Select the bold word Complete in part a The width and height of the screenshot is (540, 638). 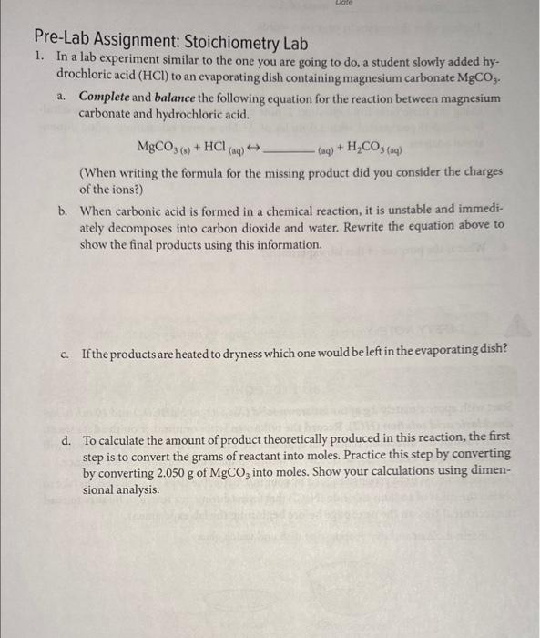[105, 98]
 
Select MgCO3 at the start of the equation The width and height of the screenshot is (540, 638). [157, 146]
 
